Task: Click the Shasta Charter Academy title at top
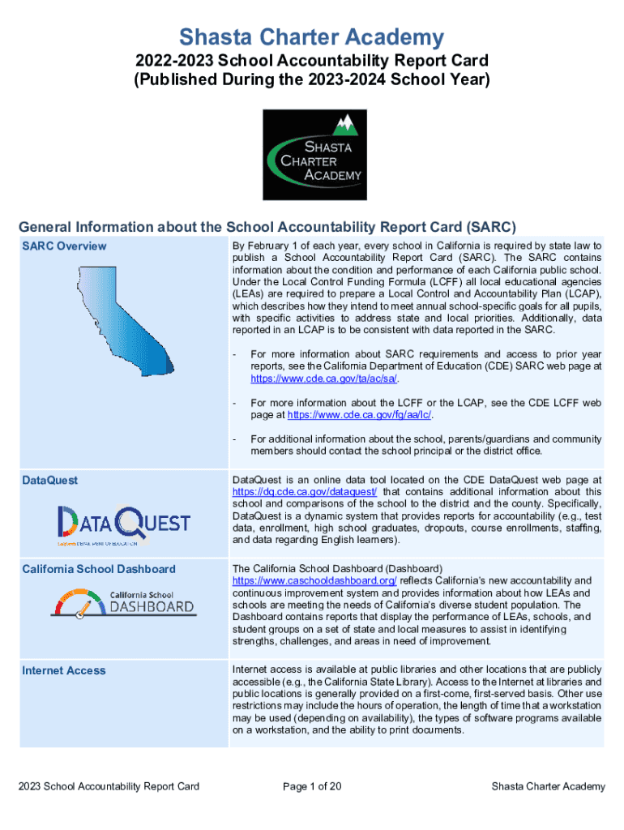point(311,37)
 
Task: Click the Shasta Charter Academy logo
point(312,155)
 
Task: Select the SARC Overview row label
point(64,246)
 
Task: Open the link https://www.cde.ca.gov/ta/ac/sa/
point(324,379)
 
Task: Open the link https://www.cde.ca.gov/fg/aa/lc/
point(360,415)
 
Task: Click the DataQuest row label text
point(50,480)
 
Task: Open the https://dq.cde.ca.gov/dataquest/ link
point(305,492)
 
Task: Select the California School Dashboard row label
point(98,568)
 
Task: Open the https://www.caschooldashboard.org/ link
point(314,581)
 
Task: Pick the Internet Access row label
point(63,670)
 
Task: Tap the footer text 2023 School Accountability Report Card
point(109,786)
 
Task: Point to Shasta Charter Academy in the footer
point(548,786)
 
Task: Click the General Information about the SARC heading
point(267,226)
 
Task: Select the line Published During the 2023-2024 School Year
point(312,79)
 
